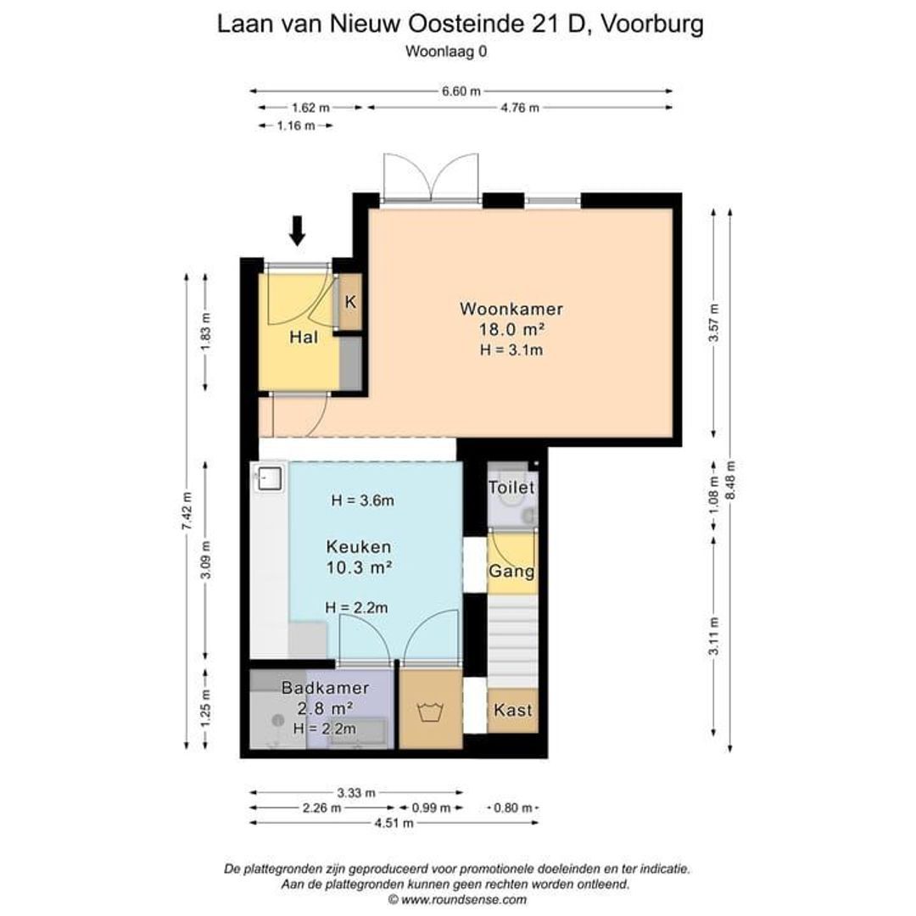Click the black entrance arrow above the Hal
coord(296,230)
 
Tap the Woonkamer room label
coord(511,308)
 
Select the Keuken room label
coord(358,547)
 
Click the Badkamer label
coord(318,689)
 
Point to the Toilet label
coord(511,488)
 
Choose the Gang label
coord(511,571)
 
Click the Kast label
coord(511,710)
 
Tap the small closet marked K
coord(350,301)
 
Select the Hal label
coord(304,338)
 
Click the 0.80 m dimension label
coord(513,807)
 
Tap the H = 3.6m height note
coord(362,500)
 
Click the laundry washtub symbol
coord(430,711)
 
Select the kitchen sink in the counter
coord(270,478)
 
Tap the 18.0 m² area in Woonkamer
coord(511,329)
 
